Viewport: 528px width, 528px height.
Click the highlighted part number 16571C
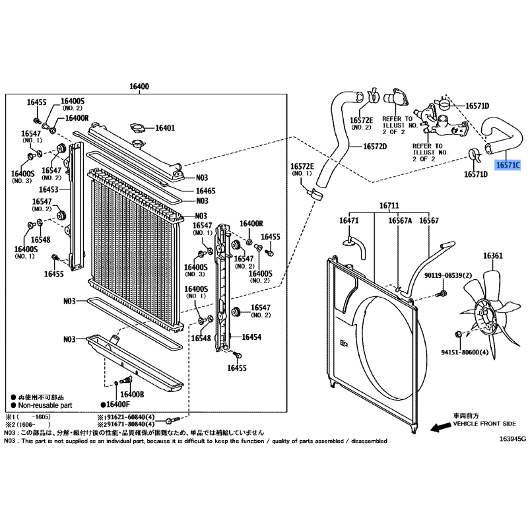pos(508,165)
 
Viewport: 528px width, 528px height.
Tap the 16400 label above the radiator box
pos(139,86)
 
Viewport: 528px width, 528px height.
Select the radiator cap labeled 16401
pos(137,128)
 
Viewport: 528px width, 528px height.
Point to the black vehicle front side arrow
pos(440,426)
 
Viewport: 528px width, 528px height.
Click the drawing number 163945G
pos(512,439)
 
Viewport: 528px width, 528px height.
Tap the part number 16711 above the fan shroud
pos(389,205)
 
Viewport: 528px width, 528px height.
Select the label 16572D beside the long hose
pos(375,147)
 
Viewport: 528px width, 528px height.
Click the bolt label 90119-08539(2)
pos(448,275)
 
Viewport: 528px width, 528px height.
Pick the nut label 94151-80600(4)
pos(465,352)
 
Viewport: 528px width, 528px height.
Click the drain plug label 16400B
pos(132,394)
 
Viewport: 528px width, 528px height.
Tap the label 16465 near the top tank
pos(205,191)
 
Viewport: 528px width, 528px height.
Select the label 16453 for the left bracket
pos(48,189)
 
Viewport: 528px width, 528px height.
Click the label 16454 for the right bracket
pos(251,337)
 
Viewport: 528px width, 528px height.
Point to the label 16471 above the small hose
pos(349,220)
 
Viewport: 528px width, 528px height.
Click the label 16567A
pos(400,220)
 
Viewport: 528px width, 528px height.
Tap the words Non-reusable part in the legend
pos(45,405)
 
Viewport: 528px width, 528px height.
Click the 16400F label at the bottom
pos(118,405)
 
